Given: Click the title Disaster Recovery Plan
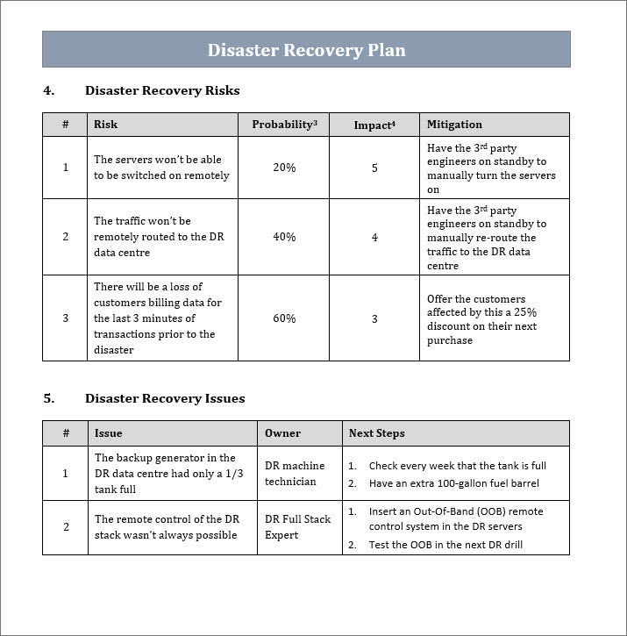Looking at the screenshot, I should (x=306, y=50).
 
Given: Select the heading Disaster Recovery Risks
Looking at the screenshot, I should (x=162, y=90).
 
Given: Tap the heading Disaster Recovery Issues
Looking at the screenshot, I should (x=165, y=398).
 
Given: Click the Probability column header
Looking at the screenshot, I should (x=284, y=125).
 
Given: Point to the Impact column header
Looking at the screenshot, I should (x=374, y=125).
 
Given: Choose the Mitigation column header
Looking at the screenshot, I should (x=454, y=125).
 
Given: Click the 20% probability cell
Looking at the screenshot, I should (x=284, y=168).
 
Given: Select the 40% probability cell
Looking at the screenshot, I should (x=284, y=237).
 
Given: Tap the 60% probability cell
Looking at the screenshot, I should (x=284, y=318).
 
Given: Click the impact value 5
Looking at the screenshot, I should (x=374, y=168).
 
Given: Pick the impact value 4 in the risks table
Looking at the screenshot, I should (x=374, y=237).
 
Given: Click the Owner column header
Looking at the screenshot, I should (x=282, y=433).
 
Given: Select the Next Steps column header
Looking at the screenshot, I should (x=376, y=433).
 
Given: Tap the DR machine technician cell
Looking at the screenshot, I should (x=295, y=474).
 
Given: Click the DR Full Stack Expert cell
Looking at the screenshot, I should (x=297, y=527).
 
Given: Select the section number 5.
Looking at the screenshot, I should (x=48, y=398).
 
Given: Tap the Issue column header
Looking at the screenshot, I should (x=109, y=433).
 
